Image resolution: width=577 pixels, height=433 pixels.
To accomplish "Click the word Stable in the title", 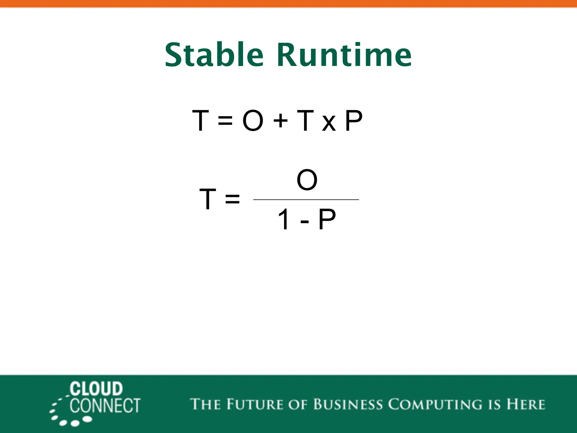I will pos(214,55).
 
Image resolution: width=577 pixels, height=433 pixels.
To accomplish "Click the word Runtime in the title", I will pos(344,55).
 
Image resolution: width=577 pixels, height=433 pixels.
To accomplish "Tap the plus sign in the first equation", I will pos(280,121).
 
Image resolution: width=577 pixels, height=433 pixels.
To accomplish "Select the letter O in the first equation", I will pos(253,121).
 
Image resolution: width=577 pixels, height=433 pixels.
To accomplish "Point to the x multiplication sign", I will pos(329,123).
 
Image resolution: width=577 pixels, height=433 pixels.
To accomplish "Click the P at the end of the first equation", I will pos(354,121).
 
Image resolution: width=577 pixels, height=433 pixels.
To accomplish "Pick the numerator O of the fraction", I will pos(307,180).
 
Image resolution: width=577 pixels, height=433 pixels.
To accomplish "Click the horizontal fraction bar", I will pos(306,200).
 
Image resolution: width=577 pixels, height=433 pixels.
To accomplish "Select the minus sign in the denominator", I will pos(305,221).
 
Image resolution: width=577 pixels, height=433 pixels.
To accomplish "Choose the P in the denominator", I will pos(327,219).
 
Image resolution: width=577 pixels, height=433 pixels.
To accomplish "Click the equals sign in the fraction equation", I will pos(232,199).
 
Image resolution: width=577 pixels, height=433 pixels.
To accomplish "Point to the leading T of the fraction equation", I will pos(208,199).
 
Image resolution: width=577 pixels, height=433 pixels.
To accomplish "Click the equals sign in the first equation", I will pos(225,121).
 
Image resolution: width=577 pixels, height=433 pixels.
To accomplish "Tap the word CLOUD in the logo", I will pos(96,389).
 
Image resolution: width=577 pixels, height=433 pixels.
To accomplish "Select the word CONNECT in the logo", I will pos(105,406).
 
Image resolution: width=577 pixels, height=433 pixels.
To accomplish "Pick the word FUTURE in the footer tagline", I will pos(254,404).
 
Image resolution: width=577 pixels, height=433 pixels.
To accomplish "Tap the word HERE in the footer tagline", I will pos(526,404).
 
